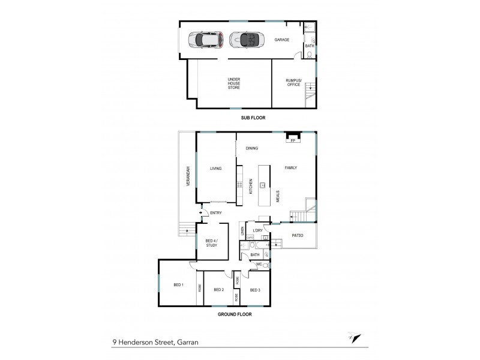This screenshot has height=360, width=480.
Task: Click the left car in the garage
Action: [x=205, y=40]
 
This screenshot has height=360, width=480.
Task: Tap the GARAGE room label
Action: [x=282, y=40]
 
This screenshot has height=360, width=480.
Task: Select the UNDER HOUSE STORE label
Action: [x=233, y=83]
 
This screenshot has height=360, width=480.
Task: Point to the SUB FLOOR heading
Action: [x=249, y=118]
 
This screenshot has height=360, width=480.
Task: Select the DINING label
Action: [x=251, y=148]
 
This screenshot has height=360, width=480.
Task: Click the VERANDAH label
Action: [x=187, y=175]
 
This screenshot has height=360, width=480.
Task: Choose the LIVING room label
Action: [x=216, y=169]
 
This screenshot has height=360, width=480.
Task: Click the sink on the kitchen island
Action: [x=263, y=185]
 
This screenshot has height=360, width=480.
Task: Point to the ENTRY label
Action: [x=216, y=212]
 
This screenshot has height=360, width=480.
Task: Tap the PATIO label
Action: [x=298, y=235]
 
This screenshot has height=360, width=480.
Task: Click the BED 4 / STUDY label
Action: [x=211, y=242]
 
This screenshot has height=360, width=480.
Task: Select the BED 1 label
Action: [x=178, y=284]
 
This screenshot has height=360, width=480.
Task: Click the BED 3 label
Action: [x=255, y=290]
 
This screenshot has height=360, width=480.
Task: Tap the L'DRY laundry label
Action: [x=258, y=230]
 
